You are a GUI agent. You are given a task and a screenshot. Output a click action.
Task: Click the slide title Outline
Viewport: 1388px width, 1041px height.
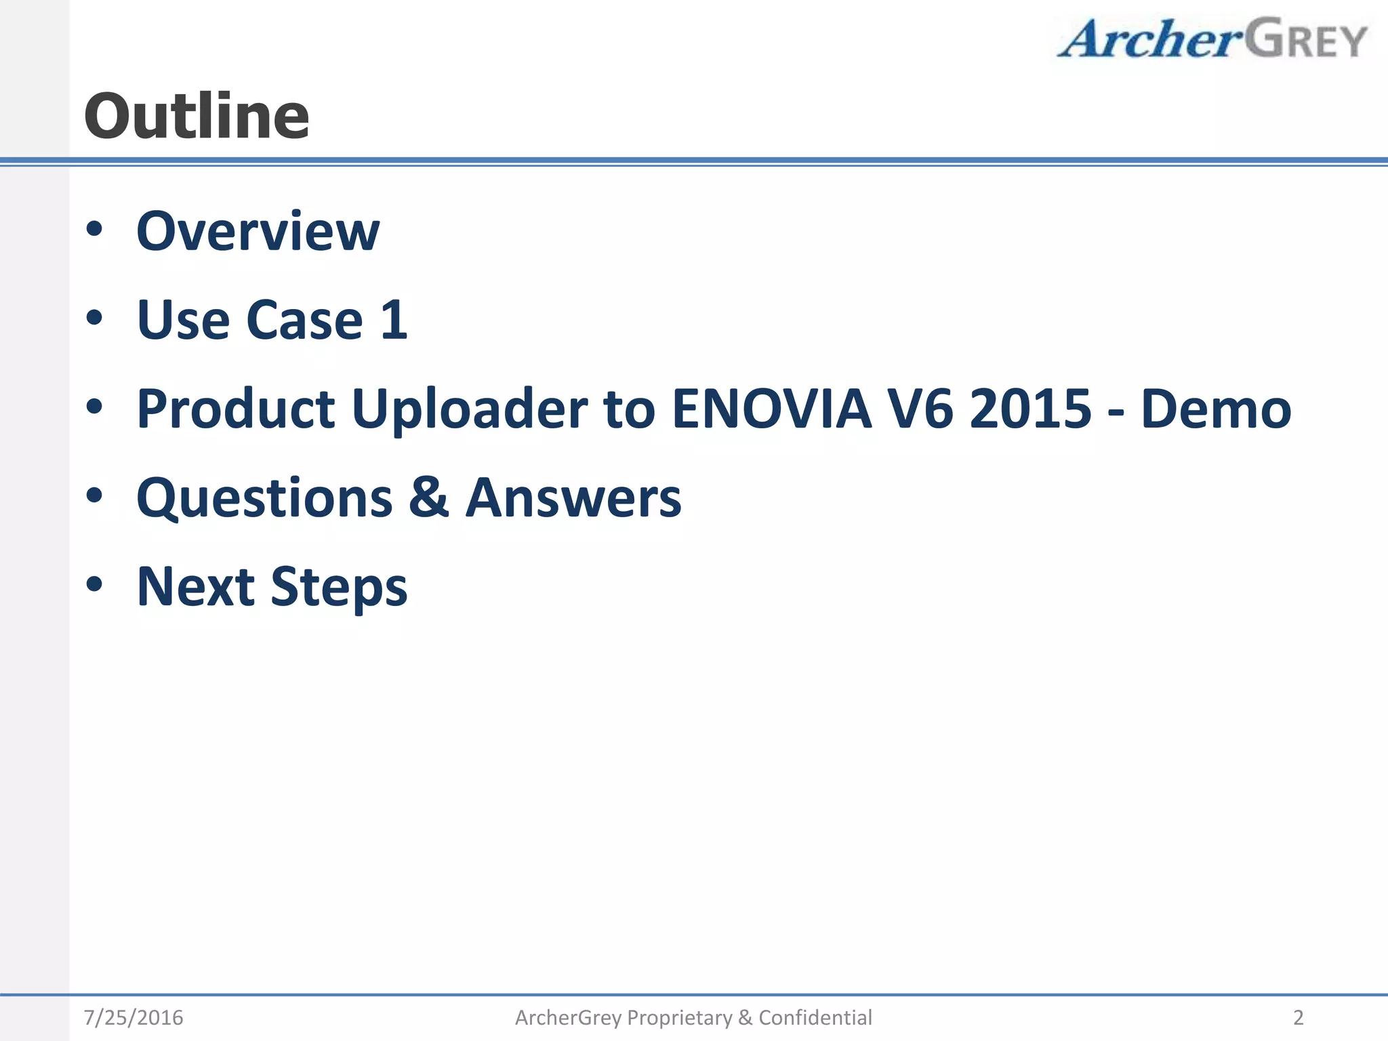[x=197, y=117]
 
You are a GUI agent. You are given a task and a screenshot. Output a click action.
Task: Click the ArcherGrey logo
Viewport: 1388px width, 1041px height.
[x=1212, y=39]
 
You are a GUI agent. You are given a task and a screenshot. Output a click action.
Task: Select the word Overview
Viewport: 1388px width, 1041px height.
[x=258, y=232]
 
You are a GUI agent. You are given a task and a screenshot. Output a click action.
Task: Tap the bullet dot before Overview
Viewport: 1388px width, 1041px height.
[x=94, y=229]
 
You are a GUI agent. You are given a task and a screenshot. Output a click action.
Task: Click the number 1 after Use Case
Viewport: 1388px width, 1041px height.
[x=394, y=320]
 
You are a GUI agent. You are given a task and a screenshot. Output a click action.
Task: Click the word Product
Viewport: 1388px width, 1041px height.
[x=236, y=409]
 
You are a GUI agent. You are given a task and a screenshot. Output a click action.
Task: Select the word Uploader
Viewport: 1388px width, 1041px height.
[x=470, y=409]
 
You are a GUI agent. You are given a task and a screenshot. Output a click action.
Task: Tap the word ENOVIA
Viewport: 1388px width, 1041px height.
[x=771, y=409]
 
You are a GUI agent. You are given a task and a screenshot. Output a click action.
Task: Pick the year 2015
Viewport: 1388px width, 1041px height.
[x=1030, y=409]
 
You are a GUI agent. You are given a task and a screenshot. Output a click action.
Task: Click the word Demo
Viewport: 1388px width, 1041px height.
[x=1216, y=409]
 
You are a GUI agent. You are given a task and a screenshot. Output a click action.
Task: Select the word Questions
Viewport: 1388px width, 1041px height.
[x=264, y=499]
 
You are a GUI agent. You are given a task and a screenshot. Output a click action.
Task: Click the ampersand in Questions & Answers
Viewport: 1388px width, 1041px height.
[x=428, y=497]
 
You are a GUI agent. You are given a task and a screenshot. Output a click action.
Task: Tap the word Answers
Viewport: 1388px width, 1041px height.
[x=573, y=497]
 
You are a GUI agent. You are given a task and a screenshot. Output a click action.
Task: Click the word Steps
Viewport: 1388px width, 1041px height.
[x=339, y=587]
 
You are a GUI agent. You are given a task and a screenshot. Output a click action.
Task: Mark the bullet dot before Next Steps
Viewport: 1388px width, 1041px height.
[x=94, y=584]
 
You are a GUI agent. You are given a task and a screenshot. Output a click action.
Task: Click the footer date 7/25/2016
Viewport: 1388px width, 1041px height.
[x=134, y=1017]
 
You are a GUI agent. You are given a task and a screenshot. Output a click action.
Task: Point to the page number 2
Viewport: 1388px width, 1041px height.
[x=1298, y=1017]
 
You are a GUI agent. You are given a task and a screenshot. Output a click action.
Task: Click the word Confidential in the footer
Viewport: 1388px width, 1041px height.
[x=815, y=1017]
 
